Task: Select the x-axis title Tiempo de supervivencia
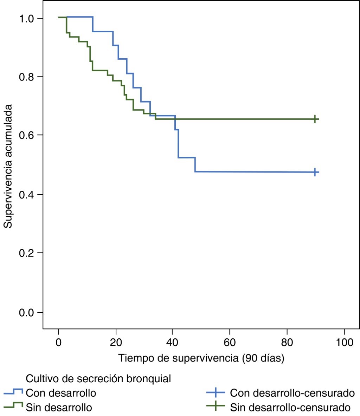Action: [x=201, y=358]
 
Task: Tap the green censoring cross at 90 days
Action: [x=315, y=119]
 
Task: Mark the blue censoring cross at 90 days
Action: [x=315, y=172]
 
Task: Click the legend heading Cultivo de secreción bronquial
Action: [x=98, y=379]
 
